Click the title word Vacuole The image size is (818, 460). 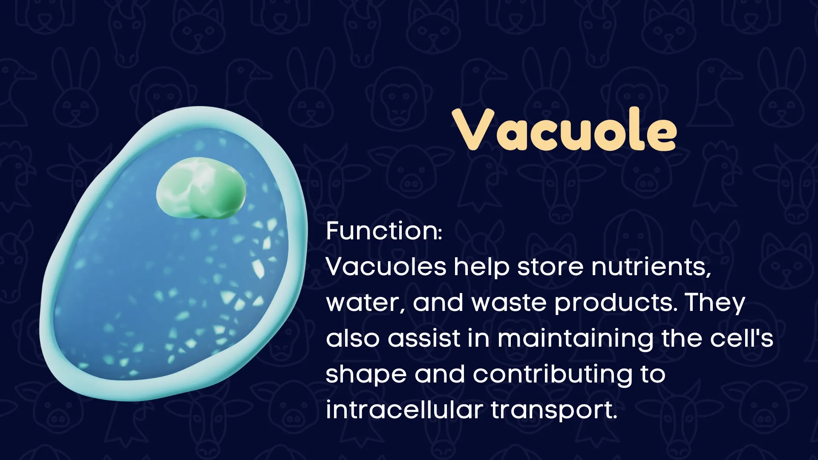[x=565, y=129]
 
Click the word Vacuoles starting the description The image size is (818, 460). [x=386, y=267]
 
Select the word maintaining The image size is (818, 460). [x=575, y=339]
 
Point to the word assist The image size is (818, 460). [x=424, y=339]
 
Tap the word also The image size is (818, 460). [x=352, y=339]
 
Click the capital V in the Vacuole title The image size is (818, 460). [x=473, y=129]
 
